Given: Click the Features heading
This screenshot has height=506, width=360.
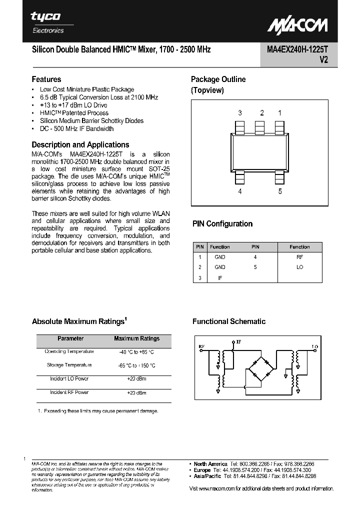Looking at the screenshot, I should pyautogui.click(x=46, y=79).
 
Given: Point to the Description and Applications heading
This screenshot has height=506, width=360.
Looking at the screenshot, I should pyautogui.click(x=80, y=144).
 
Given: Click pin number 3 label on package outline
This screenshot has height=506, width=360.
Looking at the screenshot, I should pyautogui.click(x=240, y=113).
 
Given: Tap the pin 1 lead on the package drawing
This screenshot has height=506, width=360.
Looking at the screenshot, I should pyautogui.click(x=279, y=127).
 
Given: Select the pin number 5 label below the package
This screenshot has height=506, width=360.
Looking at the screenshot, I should pyautogui.click(x=280, y=191).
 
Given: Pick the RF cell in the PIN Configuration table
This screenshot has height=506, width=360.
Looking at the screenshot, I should pyautogui.click(x=299, y=256).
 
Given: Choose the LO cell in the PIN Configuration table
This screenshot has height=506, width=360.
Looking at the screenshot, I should pyautogui.click(x=299, y=267).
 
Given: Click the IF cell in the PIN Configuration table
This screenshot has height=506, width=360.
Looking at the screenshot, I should pyautogui.click(x=219, y=278).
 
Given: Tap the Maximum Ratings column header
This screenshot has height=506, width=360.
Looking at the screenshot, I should pyautogui.click(x=136, y=338).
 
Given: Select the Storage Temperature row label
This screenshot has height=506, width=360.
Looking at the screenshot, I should pyautogui.click(x=69, y=365).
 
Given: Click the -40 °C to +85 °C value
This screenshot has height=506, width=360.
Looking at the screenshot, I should pyautogui.click(x=136, y=352).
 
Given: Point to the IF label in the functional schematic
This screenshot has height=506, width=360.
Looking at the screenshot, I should pyautogui.click(x=238, y=341).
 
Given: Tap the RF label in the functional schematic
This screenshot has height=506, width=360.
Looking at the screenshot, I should pyautogui.click(x=201, y=346).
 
